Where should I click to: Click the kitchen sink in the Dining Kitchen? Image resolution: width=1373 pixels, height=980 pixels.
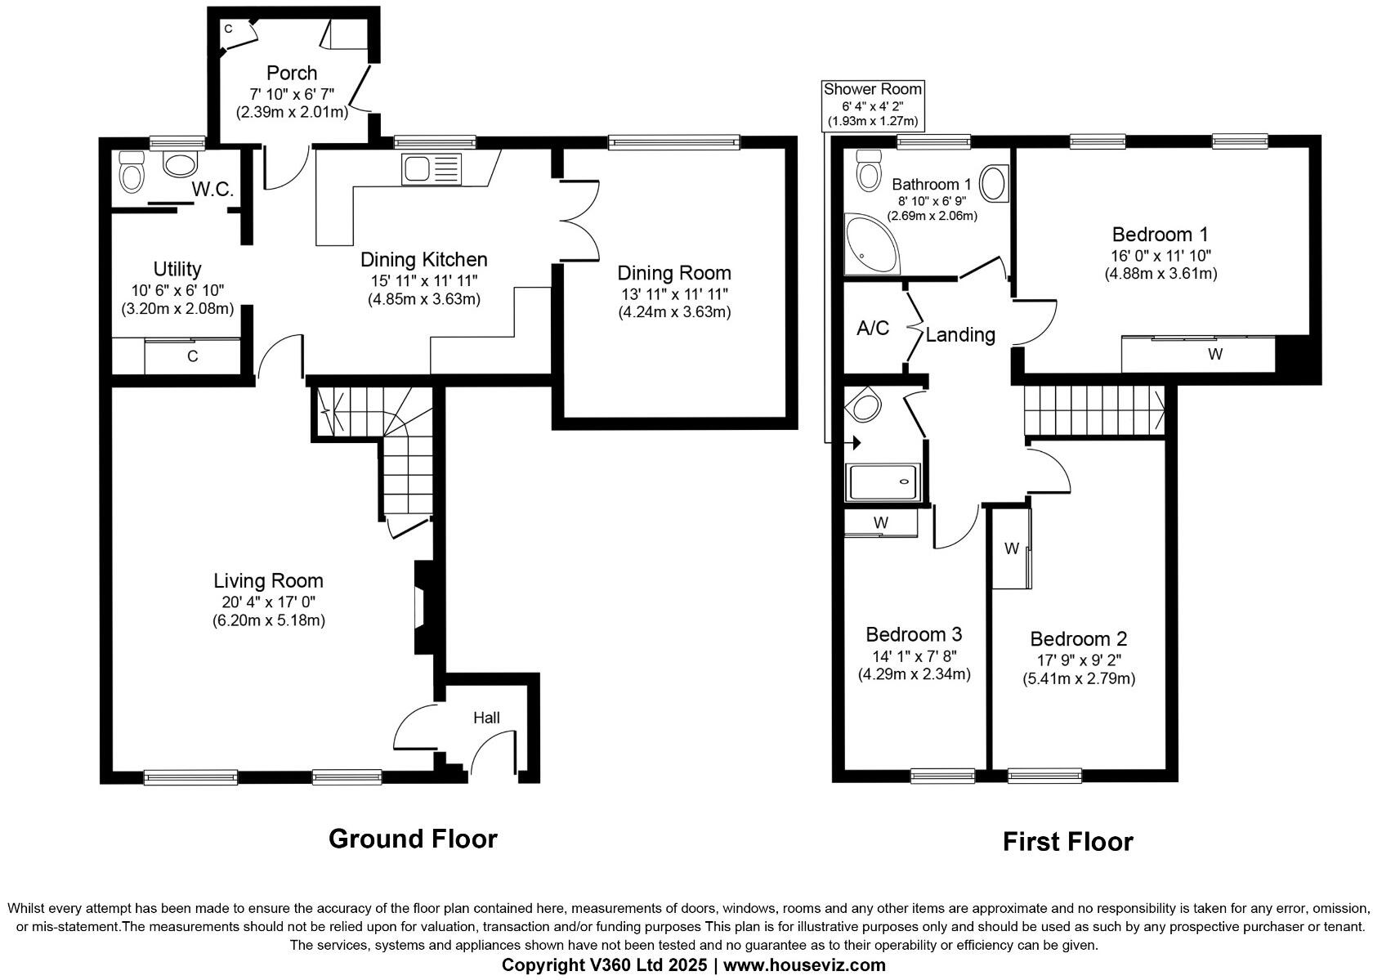(432, 170)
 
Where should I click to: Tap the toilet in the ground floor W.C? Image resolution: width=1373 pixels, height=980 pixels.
(132, 172)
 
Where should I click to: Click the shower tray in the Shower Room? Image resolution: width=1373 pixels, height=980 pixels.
(884, 482)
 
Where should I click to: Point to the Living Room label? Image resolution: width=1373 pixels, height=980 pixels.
(268, 581)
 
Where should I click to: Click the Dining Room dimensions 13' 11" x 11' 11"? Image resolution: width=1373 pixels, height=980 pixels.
(673, 294)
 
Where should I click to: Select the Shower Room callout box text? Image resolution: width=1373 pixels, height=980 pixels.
(872, 105)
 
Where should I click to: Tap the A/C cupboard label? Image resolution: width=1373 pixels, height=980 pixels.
(872, 329)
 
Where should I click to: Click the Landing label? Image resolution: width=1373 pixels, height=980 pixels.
(960, 334)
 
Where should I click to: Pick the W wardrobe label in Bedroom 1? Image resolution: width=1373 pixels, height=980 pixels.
(1215, 354)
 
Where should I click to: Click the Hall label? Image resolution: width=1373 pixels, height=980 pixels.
(486, 718)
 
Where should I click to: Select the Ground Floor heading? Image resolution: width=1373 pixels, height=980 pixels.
(413, 839)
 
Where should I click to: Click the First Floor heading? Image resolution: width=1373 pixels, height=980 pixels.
(1067, 842)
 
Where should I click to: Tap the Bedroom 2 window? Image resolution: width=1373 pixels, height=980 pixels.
(1044, 776)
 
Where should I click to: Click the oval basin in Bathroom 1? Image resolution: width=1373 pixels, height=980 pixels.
(994, 183)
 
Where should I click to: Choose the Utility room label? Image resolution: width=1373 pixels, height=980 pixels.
(177, 269)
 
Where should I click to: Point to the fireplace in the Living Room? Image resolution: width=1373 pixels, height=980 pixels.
(423, 607)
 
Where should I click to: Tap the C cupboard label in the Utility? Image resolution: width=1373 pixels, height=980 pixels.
(193, 356)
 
